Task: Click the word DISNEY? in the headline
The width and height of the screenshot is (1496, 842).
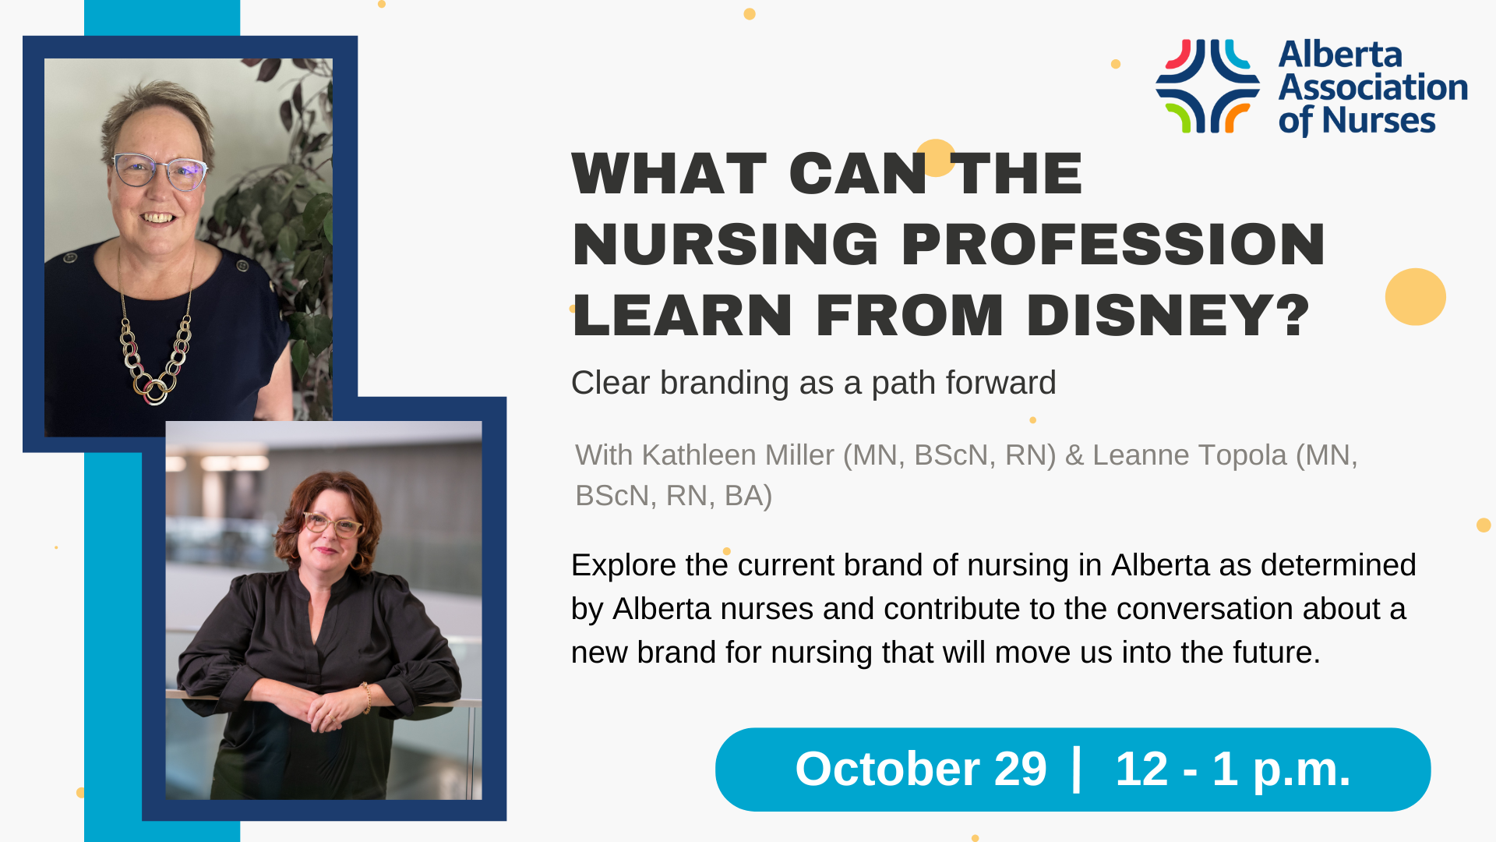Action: (x=1169, y=316)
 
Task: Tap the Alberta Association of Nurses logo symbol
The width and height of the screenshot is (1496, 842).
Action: (x=1208, y=86)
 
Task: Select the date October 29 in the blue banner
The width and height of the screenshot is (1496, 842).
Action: (x=920, y=769)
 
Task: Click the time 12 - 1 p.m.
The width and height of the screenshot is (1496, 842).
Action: (x=1233, y=769)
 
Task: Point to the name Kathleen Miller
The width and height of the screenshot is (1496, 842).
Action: (x=737, y=455)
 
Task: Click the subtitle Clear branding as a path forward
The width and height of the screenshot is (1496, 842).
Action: (x=813, y=384)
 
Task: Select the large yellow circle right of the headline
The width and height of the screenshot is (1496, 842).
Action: (x=1415, y=296)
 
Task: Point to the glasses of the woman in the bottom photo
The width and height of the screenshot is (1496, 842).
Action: (x=333, y=525)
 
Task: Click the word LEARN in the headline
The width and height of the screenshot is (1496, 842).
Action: (x=683, y=316)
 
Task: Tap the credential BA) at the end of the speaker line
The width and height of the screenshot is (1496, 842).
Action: (x=748, y=496)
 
